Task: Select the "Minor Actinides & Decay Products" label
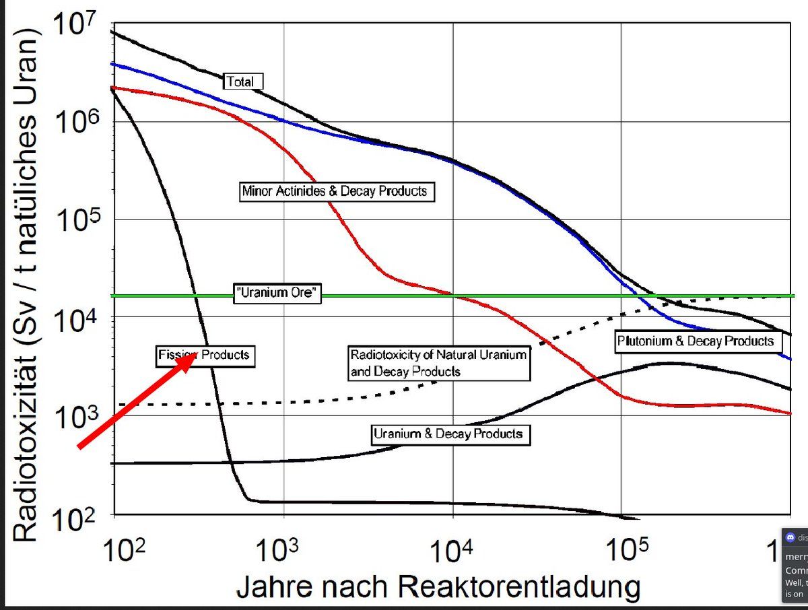335,191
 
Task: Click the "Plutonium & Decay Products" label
696,341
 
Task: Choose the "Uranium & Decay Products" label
448,434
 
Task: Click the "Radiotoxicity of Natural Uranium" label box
438,362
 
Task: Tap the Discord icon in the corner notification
790,537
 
